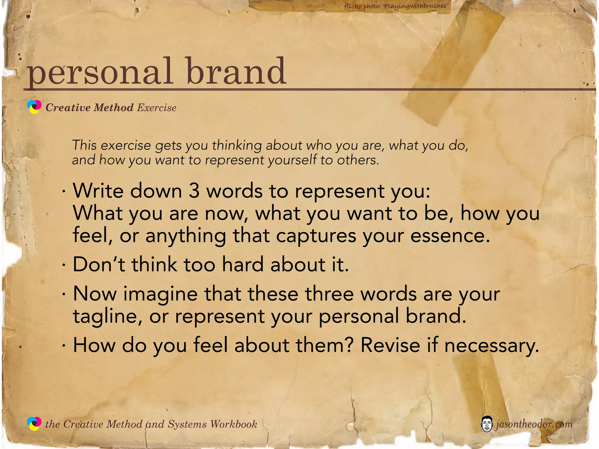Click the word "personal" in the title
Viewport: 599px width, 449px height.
(x=99, y=72)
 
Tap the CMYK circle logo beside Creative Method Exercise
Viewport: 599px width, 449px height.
(x=34, y=107)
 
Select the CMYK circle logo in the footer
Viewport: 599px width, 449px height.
(x=34, y=424)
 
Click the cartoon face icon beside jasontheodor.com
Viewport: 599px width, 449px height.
(x=487, y=424)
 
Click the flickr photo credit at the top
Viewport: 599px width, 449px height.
(x=396, y=6)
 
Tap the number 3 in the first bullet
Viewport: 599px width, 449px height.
(x=194, y=191)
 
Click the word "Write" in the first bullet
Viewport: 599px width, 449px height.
(x=98, y=191)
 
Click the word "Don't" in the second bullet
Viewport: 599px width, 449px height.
(x=99, y=264)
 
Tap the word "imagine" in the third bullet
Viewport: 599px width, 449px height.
(x=160, y=294)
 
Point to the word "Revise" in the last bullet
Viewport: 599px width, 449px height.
(x=390, y=345)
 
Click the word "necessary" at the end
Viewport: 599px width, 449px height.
(x=491, y=346)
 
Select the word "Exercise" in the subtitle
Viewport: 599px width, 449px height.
(x=157, y=108)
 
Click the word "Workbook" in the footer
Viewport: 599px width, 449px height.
(x=234, y=424)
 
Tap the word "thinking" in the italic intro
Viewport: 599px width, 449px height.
(x=237, y=145)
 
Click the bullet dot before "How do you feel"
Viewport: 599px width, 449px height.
(x=63, y=346)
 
